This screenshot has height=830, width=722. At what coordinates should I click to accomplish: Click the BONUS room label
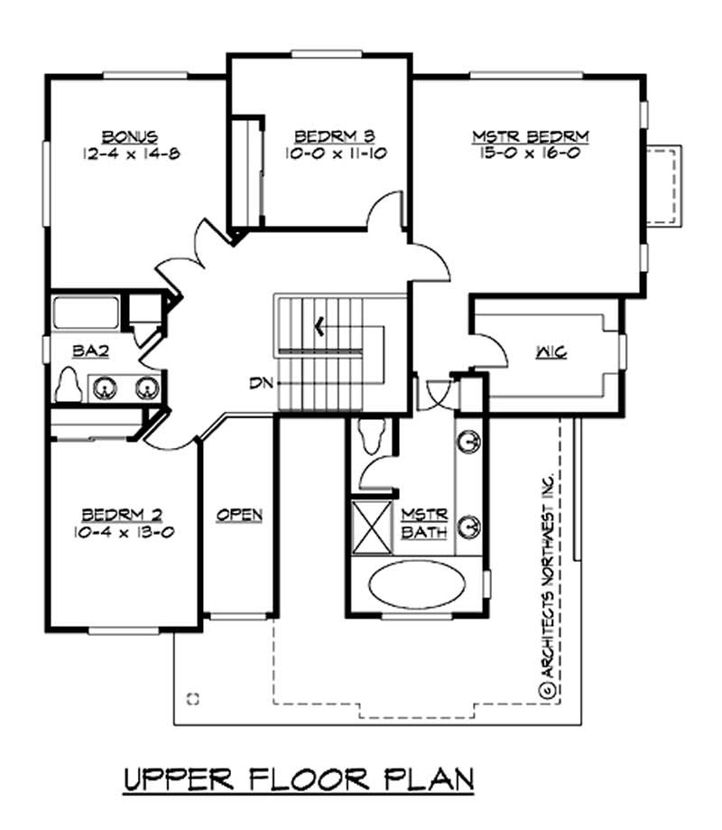pos(130,136)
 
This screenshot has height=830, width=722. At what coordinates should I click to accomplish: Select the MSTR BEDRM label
pos(531,136)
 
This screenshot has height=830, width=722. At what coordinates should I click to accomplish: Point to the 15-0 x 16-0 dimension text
pos(531,154)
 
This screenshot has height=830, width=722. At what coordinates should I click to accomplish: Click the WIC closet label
pos(550,352)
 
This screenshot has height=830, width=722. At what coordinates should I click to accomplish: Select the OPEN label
pos(239,515)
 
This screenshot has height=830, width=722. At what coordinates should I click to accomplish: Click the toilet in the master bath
pos(371,435)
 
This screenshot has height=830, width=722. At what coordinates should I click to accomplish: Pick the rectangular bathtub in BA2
pos(86,312)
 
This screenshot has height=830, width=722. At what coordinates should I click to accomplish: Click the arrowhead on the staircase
pos(317,325)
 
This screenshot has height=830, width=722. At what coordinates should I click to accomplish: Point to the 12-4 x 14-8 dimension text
pos(130,154)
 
